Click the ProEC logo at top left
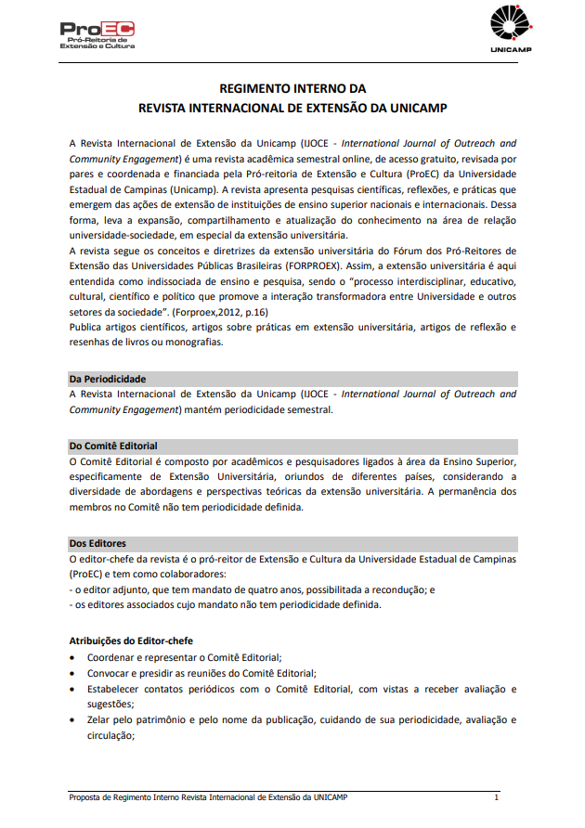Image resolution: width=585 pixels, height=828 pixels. click(97, 35)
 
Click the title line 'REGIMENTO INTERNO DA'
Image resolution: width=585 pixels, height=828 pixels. click(292, 89)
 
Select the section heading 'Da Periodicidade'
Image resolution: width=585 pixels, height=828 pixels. click(108, 379)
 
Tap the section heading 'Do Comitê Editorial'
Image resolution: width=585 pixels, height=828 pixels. click(113, 446)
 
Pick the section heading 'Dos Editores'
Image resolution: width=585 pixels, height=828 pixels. click(97, 543)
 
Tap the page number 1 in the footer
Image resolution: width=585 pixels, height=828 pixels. click(496, 797)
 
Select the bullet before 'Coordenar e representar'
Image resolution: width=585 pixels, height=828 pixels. click(74, 657)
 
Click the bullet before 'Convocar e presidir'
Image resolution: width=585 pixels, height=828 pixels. click(74, 673)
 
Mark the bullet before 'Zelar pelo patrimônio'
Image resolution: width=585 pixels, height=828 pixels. click(74, 720)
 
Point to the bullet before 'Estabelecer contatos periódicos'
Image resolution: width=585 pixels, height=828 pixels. click(74, 689)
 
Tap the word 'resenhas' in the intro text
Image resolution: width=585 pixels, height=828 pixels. click(91, 342)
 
